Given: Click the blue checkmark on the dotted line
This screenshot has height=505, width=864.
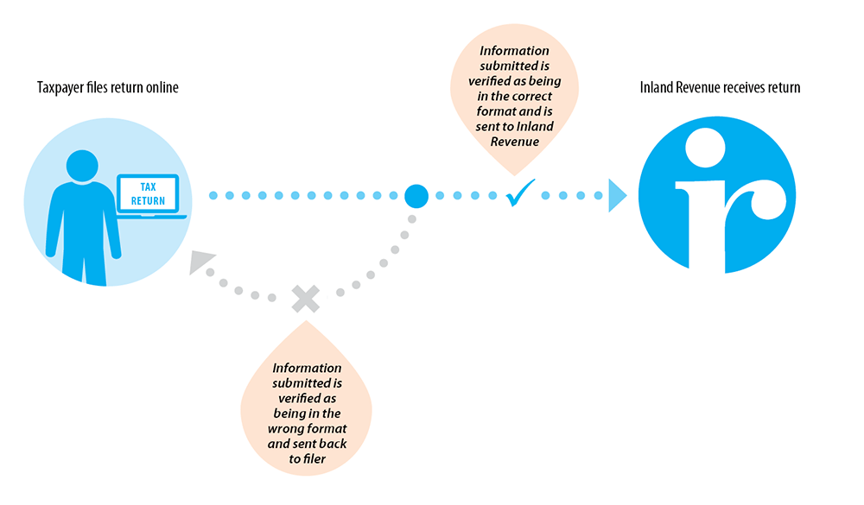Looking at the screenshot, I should tap(520, 194).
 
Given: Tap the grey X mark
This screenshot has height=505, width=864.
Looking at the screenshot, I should tap(305, 299).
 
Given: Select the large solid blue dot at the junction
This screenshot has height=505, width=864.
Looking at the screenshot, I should tap(416, 196).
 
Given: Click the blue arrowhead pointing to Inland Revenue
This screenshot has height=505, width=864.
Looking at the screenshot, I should tap(617, 196).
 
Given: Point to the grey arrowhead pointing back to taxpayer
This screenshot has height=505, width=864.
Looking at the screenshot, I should tap(200, 262).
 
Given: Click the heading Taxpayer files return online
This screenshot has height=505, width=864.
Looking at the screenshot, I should tap(108, 87).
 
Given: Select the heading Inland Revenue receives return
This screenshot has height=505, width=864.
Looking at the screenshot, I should tap(720, 87).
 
